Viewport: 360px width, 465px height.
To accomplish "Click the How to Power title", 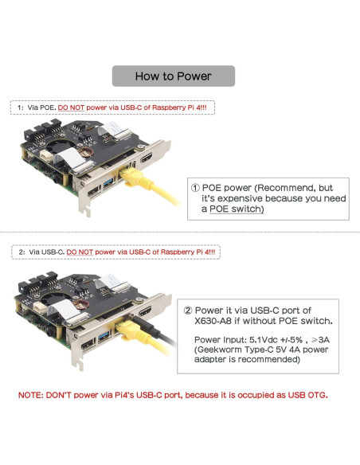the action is tap(173, 76).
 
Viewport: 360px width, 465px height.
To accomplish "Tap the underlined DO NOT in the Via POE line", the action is tap(71, 107).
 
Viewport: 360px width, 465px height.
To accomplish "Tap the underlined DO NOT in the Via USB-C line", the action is tap(80, 252).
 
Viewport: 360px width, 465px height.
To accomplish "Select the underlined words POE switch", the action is tap(237, 209).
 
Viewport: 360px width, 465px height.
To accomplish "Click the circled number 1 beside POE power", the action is tap(195, 188).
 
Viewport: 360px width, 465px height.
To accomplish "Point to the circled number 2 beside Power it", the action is tap(188, 311).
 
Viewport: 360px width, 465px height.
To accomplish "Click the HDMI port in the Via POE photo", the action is tap(147, 158).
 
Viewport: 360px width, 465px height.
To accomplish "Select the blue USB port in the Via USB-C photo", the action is tap(104, 337).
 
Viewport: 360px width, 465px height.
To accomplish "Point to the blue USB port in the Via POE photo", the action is tap(109, 182).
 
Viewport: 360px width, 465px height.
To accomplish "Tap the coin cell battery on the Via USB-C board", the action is tap(80, 304).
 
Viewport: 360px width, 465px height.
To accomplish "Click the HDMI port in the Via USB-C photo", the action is tap(145, 311).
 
